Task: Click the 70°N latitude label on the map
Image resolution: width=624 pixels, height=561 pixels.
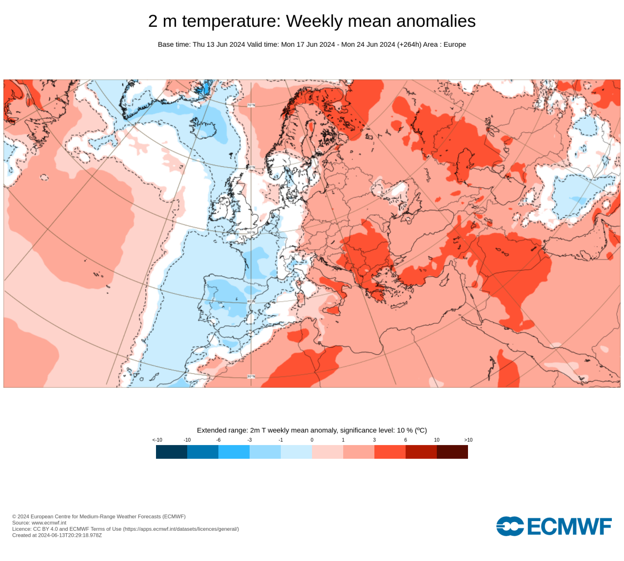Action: (x=251, y=105)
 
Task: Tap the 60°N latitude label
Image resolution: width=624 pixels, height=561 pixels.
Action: (x=251, y=168)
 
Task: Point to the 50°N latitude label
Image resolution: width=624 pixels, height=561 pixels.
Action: (x=251, y=233)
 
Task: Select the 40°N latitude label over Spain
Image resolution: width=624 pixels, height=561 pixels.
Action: (x=251, y=301)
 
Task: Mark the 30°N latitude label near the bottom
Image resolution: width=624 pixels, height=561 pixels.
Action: (x=251, y=376)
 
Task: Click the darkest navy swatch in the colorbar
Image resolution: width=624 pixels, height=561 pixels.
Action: (x=172, y=452)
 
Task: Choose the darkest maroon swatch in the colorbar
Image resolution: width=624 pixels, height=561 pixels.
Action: (x=452, y=452)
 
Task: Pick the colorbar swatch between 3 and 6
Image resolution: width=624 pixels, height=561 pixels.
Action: (x=390, y=452)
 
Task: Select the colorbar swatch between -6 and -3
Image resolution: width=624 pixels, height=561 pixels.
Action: (x=234, y=452)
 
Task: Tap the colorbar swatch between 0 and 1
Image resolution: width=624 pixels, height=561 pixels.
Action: (x=328, y=452)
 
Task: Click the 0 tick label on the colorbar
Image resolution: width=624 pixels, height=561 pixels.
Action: (x=312, y=440)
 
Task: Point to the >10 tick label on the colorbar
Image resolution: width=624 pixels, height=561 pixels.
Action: (x=468, y=440)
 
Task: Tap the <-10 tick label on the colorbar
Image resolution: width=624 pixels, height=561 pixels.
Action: (x=157, y=440)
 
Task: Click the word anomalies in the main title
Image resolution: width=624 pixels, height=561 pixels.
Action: (x=436, y=21)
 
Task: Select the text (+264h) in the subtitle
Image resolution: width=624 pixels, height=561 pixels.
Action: (x=409, y=44)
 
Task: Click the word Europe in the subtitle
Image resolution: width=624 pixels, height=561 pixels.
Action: (x=454, y=44)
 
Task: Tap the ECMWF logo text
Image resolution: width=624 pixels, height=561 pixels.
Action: (x=568, y=526)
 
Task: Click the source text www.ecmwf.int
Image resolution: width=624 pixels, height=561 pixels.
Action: (x=49, y=523)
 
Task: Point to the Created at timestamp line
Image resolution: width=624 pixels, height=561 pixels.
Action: (x=57, y=535)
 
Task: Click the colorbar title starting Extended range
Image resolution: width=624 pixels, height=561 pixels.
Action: (x=312, y=430)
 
